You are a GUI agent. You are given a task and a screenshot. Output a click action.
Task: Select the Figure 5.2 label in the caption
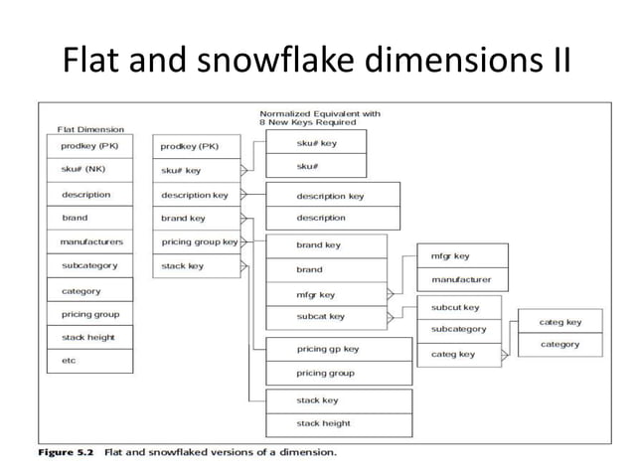pyautogui.click(x=67, y=452)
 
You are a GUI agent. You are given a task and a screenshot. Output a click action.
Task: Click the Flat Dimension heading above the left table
pyautogui.click(x=90, y=129)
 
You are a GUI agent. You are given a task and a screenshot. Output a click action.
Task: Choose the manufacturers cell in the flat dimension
pyautogui.click(x=89, y=241)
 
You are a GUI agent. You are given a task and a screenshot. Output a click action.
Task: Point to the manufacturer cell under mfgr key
pyautogui.click(x=461, y=280)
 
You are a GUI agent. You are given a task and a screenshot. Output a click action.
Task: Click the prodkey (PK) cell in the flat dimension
pyautogui.click(x=89, y=146)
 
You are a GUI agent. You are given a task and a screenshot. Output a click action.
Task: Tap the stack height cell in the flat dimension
pyautogui.click(x=89, y=337)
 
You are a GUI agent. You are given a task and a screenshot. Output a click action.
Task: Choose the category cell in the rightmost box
pyautogui.click(x=560, y=345)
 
